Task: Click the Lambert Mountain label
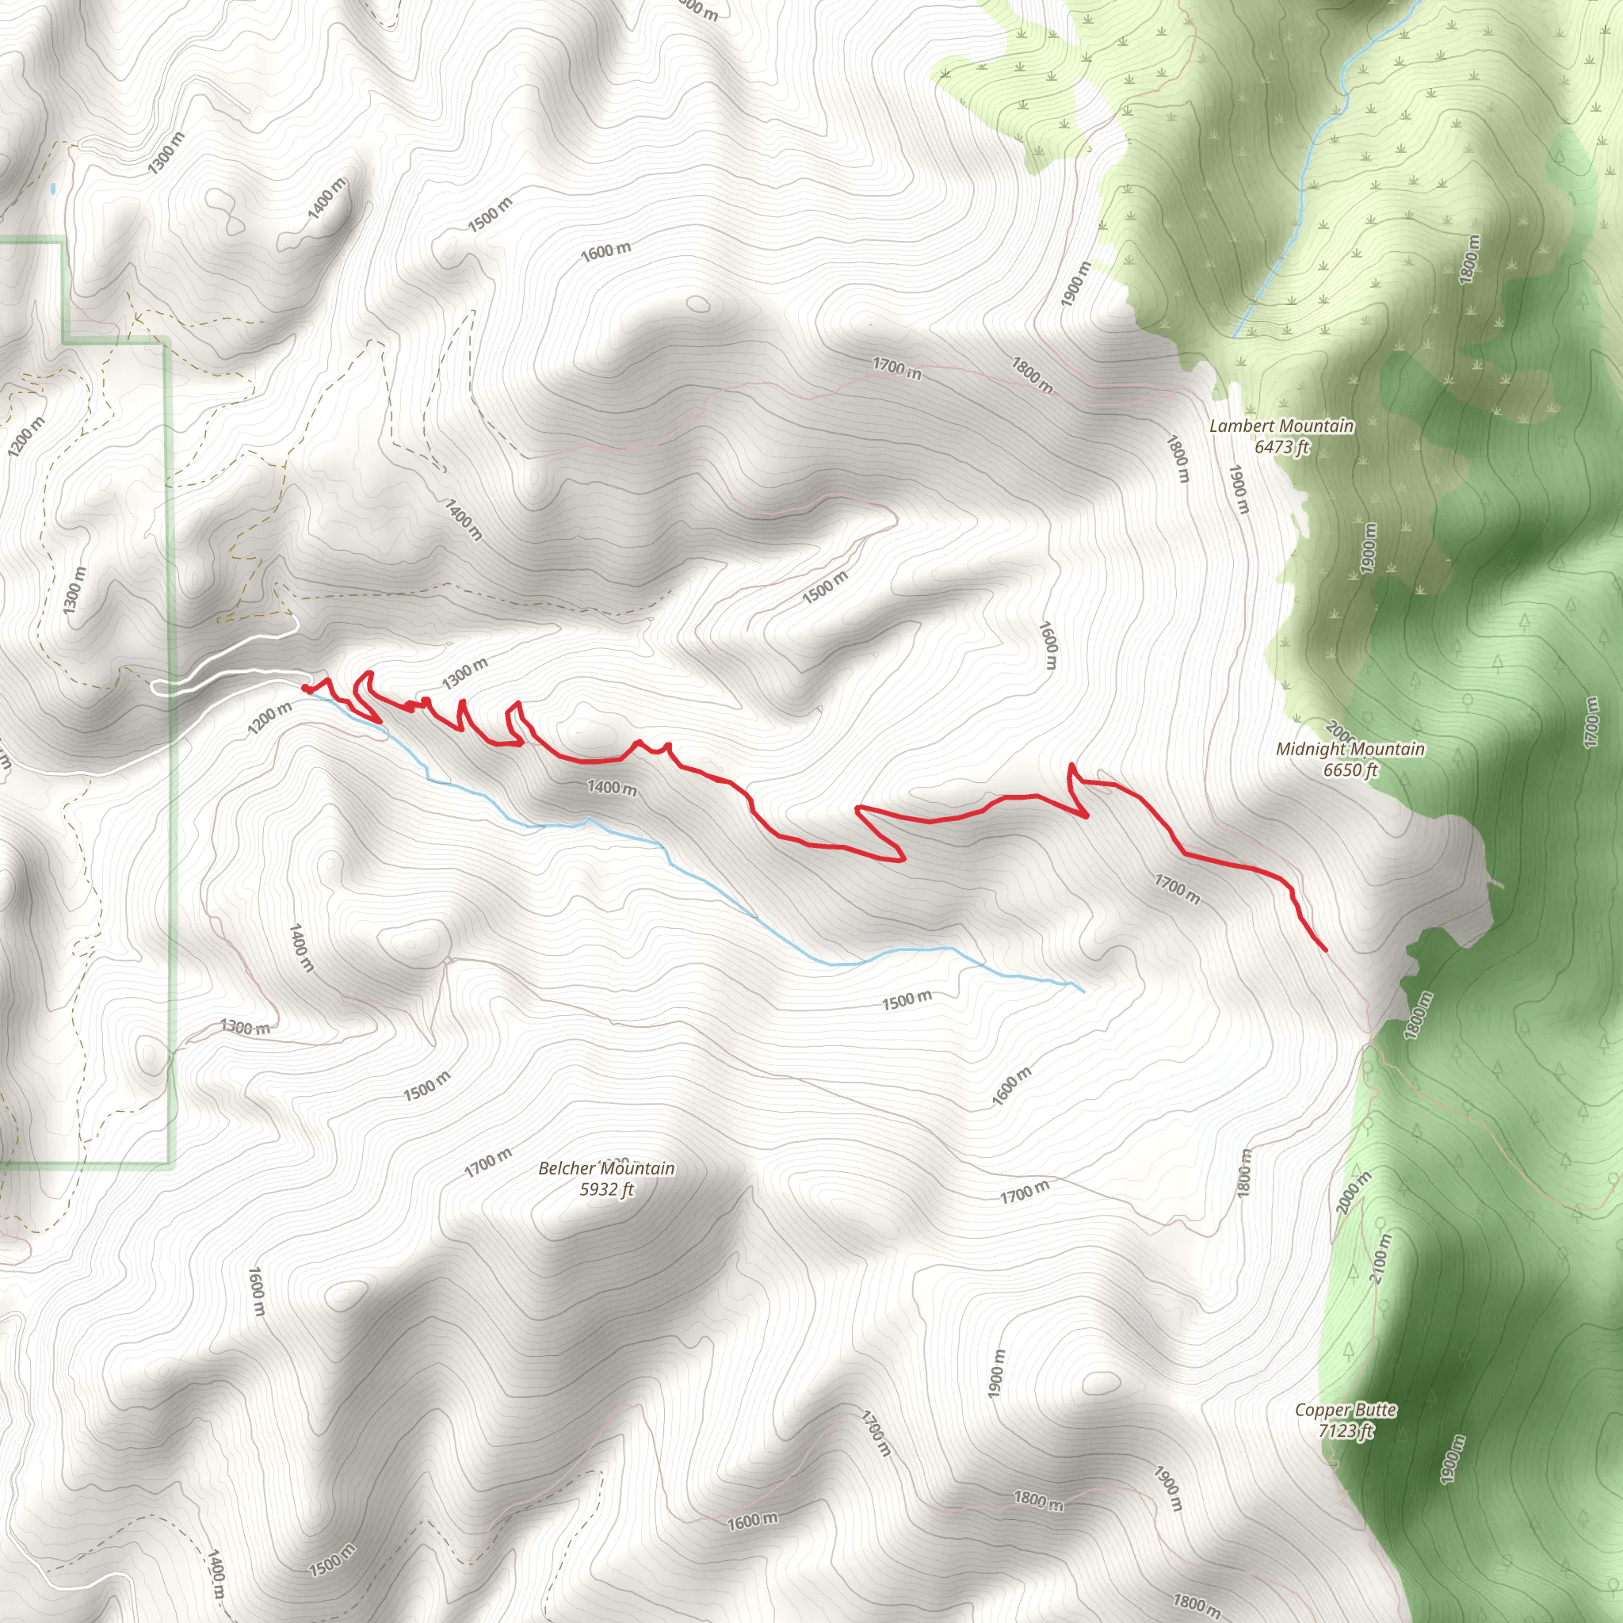pos(1281,426)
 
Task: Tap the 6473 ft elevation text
pos(1281,446)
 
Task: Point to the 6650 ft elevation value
pos(1350,769)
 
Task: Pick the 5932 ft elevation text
pos(605,1189)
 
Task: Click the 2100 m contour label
pos(1381,1258)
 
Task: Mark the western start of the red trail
pos(304,688)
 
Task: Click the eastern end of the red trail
pos(1326,950)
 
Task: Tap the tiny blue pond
pos(53,190)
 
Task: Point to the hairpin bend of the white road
pos(156,687)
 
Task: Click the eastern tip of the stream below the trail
pos(1083,992)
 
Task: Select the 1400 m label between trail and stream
pos(611,787)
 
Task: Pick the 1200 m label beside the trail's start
pos(269,717)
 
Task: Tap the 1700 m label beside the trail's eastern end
pos(1177,889)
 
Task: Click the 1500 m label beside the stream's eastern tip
pos(907,1002)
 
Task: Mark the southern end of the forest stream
pos(1234,336)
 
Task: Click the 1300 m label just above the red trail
pos(464,673)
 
